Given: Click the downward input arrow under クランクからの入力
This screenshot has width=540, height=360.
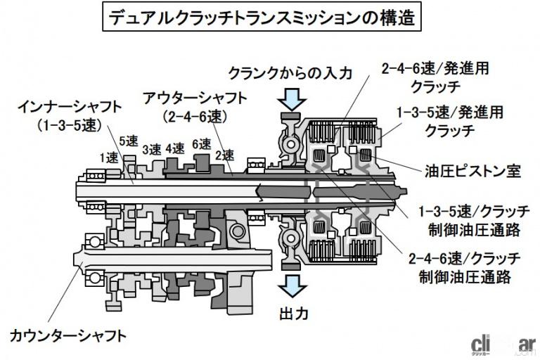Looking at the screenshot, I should click(x=290, y=96).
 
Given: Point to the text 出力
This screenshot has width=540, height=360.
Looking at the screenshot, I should click(x=291, y=311).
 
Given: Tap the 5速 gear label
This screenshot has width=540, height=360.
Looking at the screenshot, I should click(x=129, y=141).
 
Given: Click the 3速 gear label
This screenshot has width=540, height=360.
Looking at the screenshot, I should click(x=151, y=149).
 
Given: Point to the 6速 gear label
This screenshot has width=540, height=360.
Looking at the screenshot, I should click(x=200, y=143).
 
